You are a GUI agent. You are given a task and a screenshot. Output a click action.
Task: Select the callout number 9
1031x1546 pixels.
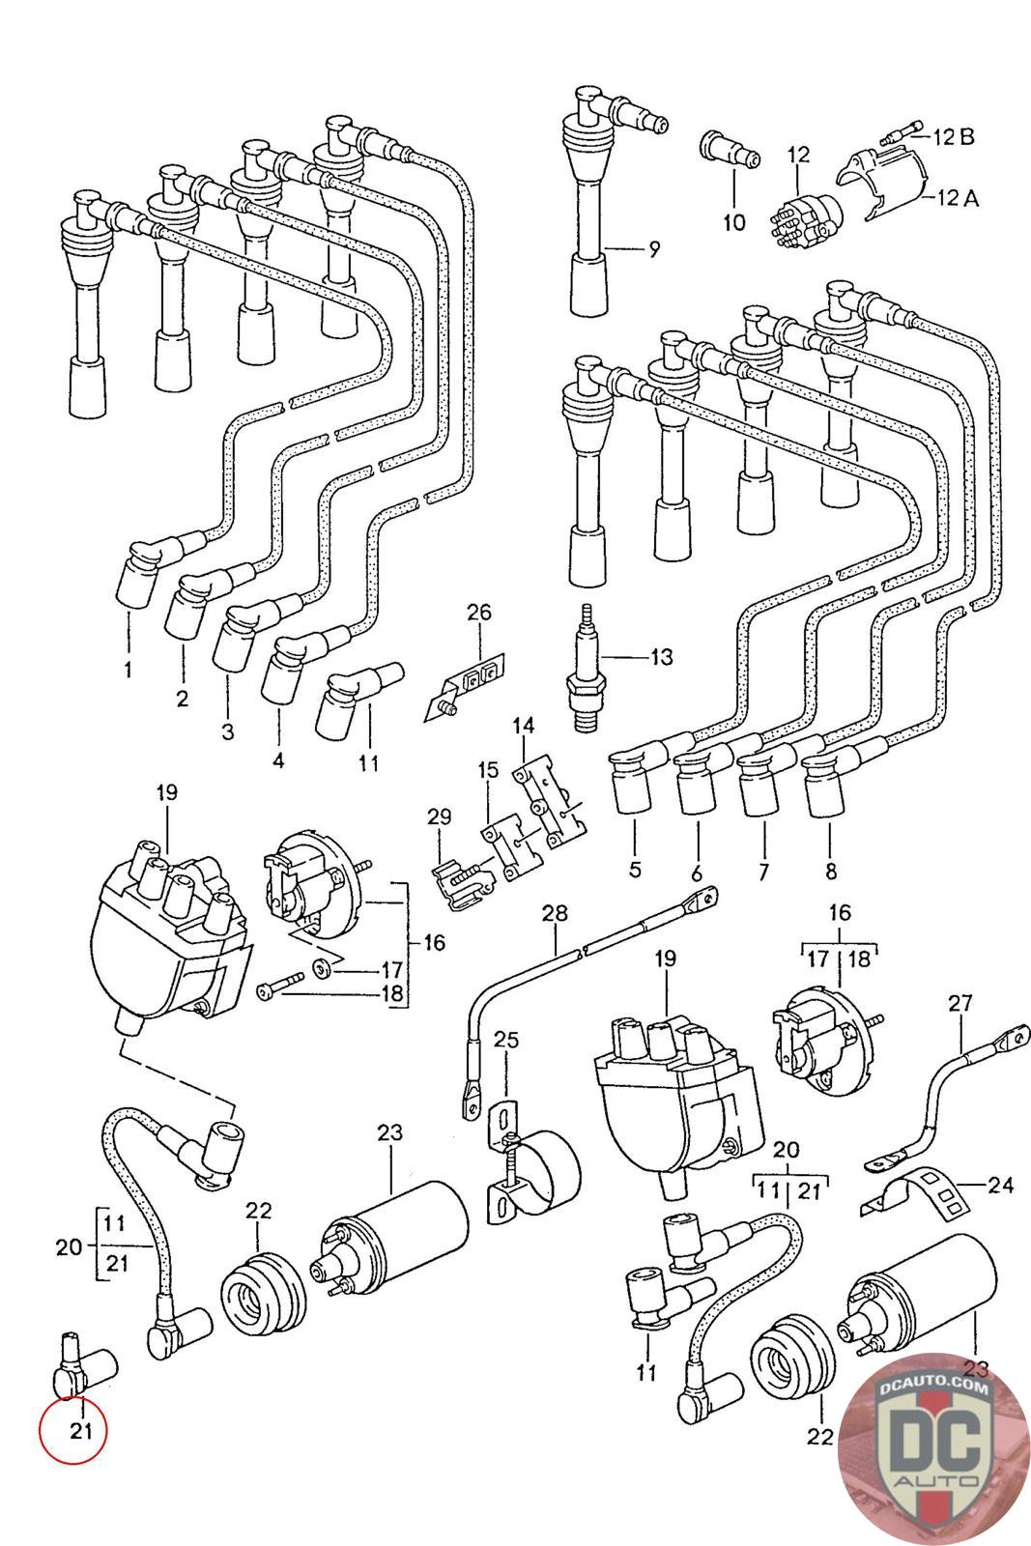click(654, 250)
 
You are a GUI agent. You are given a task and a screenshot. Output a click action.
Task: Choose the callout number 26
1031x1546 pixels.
click(479, 612)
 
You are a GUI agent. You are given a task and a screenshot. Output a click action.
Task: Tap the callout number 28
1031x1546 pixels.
click(555, 912)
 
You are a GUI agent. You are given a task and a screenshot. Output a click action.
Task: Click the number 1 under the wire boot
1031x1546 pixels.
click(128, 669)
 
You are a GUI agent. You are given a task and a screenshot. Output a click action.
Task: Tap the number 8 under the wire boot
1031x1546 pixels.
click(831, 871)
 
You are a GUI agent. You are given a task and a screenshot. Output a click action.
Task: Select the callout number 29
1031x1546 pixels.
click(439, 816)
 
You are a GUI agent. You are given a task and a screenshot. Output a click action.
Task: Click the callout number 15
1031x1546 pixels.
click(488, 770)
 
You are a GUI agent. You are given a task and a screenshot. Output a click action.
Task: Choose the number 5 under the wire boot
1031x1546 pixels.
click(635, 869)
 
